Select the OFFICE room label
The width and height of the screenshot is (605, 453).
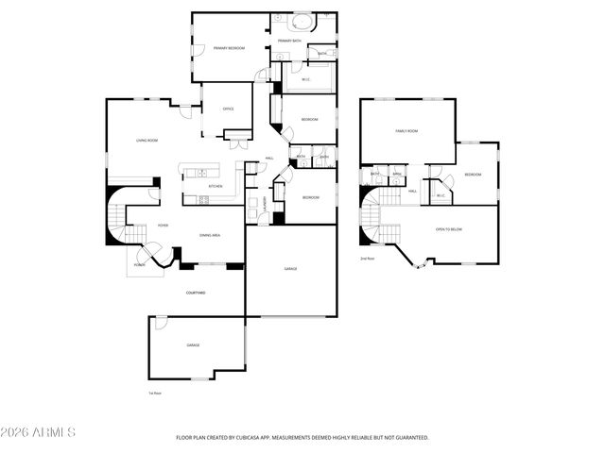[228, 109]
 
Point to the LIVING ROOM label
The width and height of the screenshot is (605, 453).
[147, 141]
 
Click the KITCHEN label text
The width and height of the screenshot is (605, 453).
[215, 187]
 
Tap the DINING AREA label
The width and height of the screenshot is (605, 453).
[209, 235]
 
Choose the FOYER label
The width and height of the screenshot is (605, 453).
[163, 226]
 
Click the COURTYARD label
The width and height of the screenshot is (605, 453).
[196, 293]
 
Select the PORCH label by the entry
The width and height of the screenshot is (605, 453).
[139, 264]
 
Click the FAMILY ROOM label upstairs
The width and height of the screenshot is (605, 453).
[406, 131]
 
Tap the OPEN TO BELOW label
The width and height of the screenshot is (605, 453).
[448, 229]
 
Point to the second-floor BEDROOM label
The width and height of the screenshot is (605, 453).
[472, 175]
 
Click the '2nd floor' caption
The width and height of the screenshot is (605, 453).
[367, 258]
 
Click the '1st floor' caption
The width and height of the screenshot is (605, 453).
[155, 392]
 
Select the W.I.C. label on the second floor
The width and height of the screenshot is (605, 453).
[441, 195]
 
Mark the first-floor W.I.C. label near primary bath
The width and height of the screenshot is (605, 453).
[306, 79]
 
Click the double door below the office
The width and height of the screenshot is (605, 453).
[238, 143]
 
